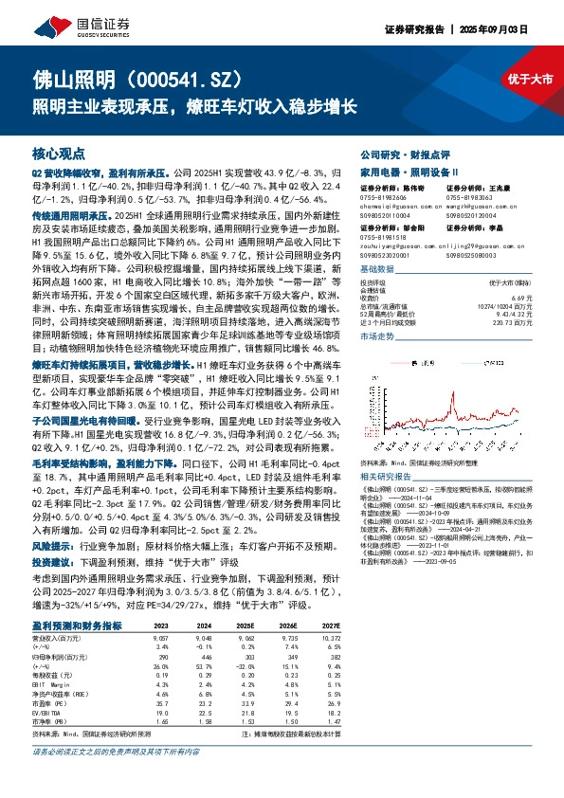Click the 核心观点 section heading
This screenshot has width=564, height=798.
tap(59, 154)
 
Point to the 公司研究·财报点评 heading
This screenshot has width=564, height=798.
tap(396, 154)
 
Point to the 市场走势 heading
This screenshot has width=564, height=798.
tap(377, 336)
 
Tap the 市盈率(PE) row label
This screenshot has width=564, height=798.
tap(49, 701)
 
